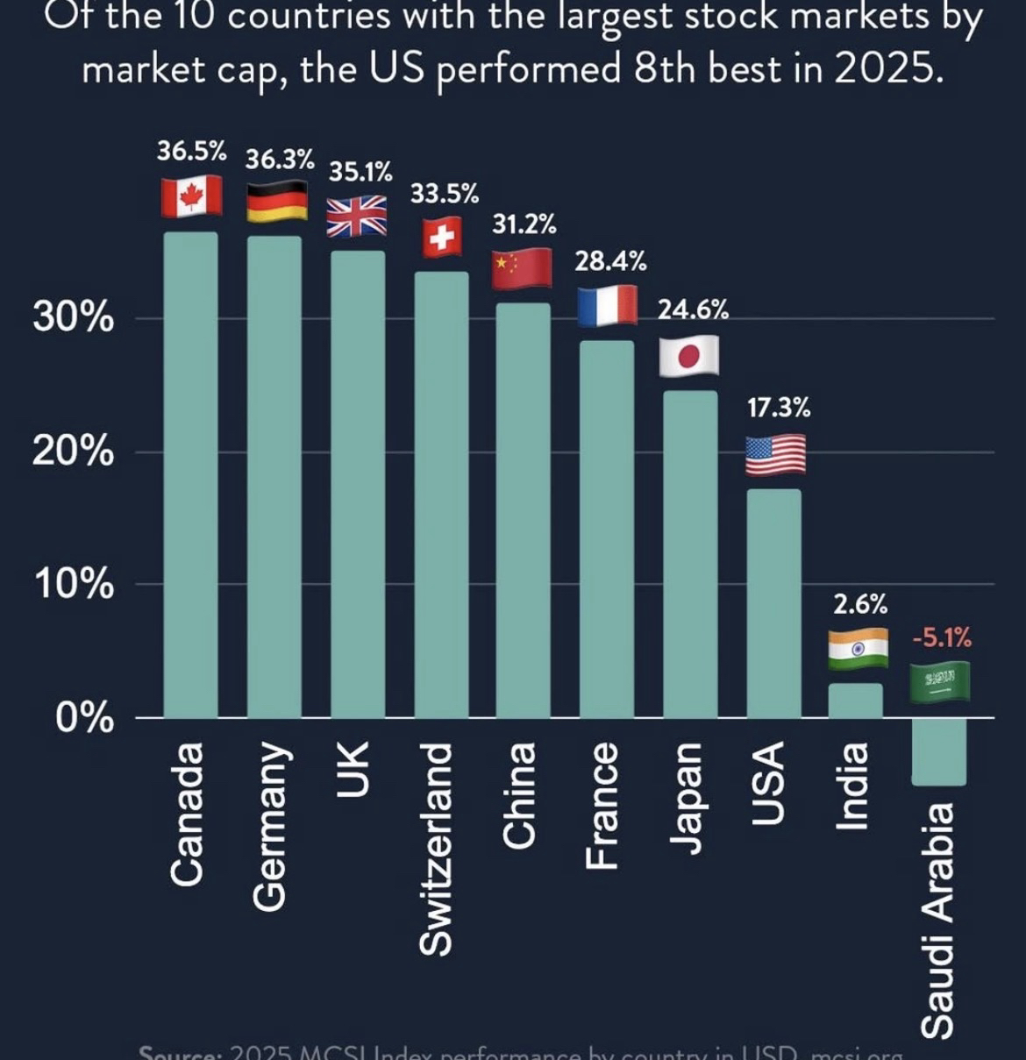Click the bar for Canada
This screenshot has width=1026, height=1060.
tap(190, 474)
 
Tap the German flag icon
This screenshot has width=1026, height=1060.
tap(276, 201)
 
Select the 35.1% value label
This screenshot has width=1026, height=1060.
tap(360, 171)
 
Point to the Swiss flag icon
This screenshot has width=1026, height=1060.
tap(442, 237)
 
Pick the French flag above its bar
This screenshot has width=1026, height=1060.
tap(607, 306)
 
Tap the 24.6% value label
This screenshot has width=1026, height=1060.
tap(693, 309)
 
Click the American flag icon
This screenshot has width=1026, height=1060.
tap(775, 455)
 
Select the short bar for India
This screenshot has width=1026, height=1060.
tap(855, 701)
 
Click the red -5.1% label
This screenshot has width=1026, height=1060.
tap(942, 637)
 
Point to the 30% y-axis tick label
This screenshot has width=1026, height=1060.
tap(74, 318)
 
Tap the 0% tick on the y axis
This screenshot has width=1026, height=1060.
tap(84, 718)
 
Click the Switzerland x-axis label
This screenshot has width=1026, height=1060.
tap(437, 848)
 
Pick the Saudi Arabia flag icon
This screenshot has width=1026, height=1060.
tap(939, 681)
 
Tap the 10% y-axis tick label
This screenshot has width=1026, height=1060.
tap(74, 585)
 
